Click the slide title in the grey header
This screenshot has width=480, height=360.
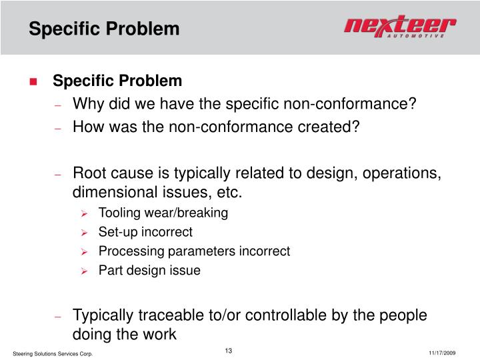click(x=104, y=29)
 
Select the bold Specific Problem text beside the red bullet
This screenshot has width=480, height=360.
click(x=117, y=81)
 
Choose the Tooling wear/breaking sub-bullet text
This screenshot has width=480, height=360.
click(x=163, y=213)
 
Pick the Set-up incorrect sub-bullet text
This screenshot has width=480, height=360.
click(x=145, y=233)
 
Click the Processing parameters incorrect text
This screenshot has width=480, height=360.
click(x=194, y=251)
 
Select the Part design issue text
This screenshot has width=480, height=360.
click(x=149, y=271)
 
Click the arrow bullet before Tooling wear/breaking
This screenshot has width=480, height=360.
click(x=84, y=214)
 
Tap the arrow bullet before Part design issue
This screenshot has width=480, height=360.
click(x=84, y=271)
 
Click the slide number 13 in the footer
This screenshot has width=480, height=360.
click(x=228, y=351)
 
